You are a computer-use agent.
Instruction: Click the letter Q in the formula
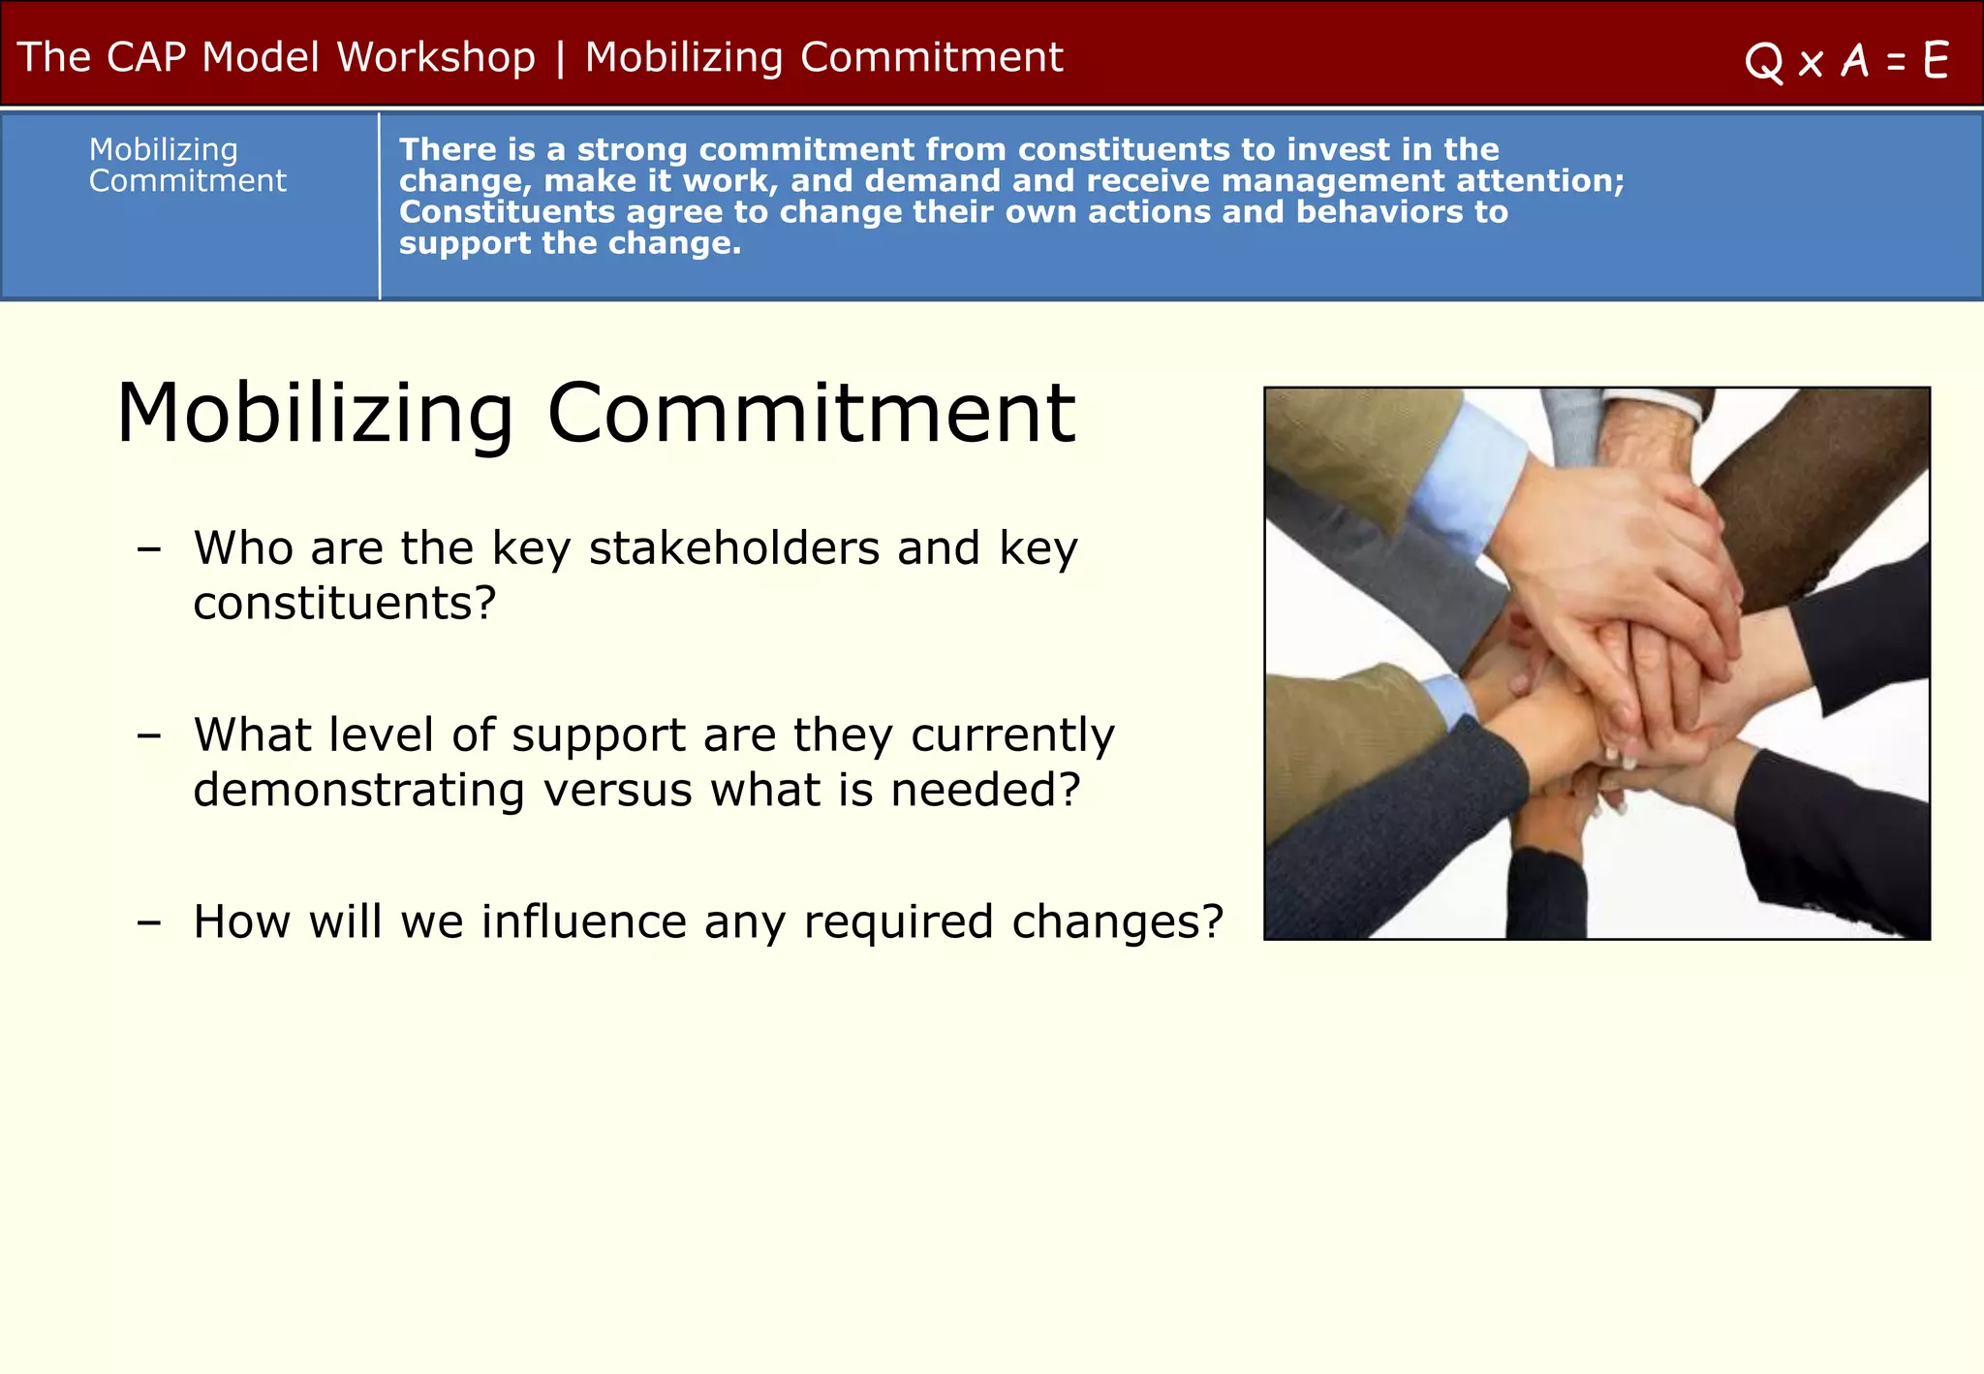(1763, 63)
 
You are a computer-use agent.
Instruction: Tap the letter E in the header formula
(1936, 61)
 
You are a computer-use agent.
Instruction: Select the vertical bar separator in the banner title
(560, 58)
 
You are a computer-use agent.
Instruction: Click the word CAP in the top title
(145, 58)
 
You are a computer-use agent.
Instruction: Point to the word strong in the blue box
(632, 150)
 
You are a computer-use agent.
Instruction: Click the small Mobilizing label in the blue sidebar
(163, 150)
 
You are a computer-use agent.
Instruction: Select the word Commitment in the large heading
(811, 414)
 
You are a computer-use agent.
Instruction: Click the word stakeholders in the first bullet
(733, 548)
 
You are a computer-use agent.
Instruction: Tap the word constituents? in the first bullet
(344, 604)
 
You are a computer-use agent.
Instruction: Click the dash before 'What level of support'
(148, 736)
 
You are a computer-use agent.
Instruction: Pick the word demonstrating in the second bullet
(358, 791)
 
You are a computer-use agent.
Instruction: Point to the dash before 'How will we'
(148, 922)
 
